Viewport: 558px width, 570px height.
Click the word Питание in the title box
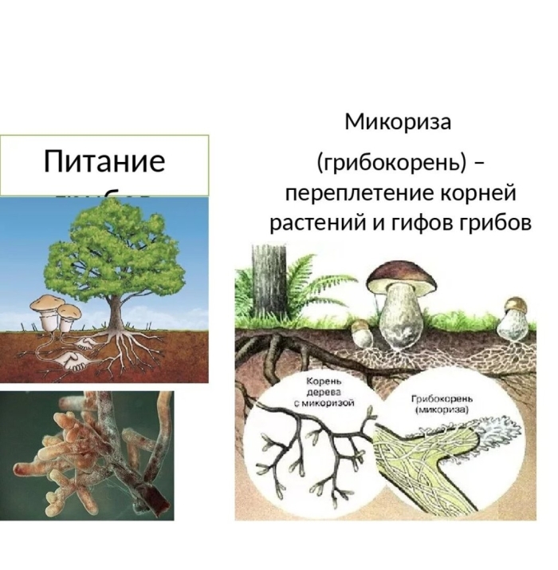(104, 161)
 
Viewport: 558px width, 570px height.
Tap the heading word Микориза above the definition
(398, 122)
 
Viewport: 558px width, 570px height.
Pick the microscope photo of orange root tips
(87, 455)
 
